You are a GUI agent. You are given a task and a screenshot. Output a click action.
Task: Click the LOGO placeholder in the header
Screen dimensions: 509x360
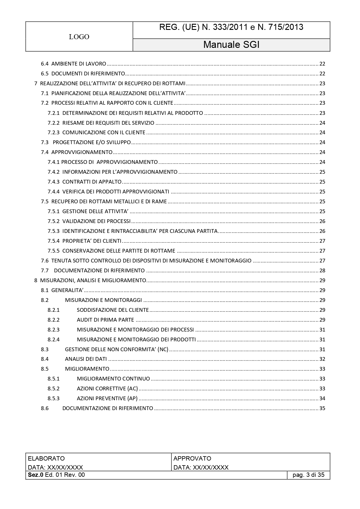pos(79,37)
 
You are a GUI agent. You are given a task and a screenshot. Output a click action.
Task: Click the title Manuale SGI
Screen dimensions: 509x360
pos(231,45)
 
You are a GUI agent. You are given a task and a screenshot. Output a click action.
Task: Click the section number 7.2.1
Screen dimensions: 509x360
pos(53,113)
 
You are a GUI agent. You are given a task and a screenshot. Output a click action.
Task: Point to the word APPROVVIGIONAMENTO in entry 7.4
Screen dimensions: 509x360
pos(82,152)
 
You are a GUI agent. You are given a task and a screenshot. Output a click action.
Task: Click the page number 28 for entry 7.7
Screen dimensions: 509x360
pos(322,271)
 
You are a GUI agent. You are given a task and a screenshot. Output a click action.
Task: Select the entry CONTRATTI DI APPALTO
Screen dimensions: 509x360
pos(92,182)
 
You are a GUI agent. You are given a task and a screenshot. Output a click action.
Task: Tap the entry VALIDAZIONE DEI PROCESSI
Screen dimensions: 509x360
pos(96,221)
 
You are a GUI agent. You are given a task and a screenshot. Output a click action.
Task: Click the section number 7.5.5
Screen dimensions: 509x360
pos(53,251)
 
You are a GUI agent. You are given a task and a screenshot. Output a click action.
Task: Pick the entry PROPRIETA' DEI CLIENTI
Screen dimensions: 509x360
pos(92,241)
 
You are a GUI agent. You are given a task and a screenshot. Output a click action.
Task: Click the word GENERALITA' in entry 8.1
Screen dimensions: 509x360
pos(67,290)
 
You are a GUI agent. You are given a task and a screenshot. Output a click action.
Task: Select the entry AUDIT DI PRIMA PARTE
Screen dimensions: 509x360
pos(105,320)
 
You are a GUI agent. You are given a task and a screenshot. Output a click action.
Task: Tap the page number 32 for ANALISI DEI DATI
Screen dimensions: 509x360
pos(322,359)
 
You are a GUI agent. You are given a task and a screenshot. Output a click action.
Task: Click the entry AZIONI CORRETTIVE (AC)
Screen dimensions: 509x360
pos(107,389)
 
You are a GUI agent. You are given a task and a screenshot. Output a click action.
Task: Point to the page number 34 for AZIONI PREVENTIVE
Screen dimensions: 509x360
pos(322,398)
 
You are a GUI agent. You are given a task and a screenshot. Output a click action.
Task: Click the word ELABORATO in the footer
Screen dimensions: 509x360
pos(46,459)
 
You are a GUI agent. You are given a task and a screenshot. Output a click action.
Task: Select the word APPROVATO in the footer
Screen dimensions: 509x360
pos(192,459)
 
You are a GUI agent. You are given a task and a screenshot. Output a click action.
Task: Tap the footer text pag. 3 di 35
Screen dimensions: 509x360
pos(308,475)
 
